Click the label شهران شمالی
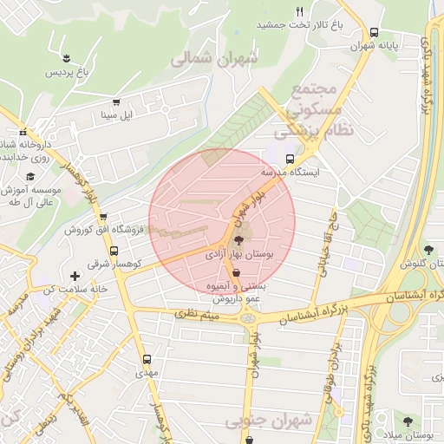pyautogui.click(x=214, y=59)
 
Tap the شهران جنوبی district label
pyautogui.click(x=268, y=421)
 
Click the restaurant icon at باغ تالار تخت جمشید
pyautogui.click(x=300, y=11)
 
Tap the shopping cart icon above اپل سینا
pyautogui.click(x=115, y=101)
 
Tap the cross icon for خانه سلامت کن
pyautogui.click(x=75, y=276)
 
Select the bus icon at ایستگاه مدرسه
pyautogui.click(x=290, y=159)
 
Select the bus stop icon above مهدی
pyautogui.click(x=146, y=357)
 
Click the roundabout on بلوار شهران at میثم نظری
pyautogui.click(x=250, y=317)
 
